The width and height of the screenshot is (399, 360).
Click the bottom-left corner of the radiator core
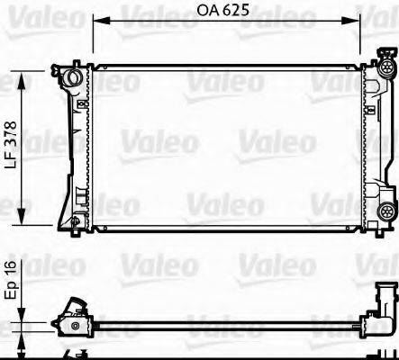pyautogui.click(x=93, y=227)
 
